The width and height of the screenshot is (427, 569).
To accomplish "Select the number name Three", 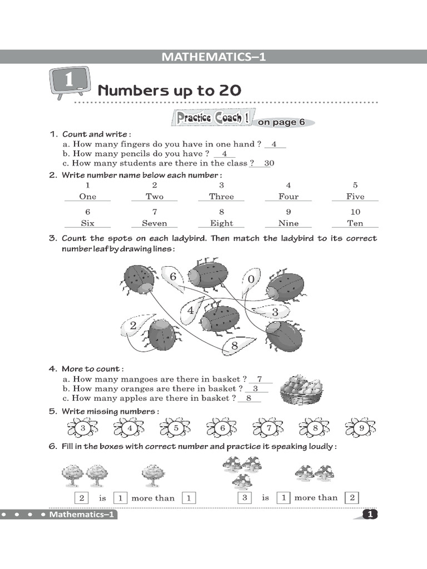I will tap(221, 197).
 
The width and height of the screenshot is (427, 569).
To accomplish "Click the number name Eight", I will tap(221, 223).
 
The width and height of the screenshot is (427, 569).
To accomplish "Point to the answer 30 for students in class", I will tap(269, 163).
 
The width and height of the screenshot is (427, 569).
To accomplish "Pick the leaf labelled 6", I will tap(172, 277).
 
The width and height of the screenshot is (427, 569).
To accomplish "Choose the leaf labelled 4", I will tap(192, 310).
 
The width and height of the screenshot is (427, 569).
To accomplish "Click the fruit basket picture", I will tap(302, 389).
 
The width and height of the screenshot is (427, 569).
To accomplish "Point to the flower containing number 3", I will tap(83, 428).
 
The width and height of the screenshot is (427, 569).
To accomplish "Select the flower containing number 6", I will tap(222, 428).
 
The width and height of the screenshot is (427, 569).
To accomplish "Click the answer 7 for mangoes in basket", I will tap(260, 379).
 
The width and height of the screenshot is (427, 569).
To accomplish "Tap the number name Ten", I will tap(355, 223).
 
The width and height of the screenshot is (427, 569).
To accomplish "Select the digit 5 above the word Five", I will tap(355, 185).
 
